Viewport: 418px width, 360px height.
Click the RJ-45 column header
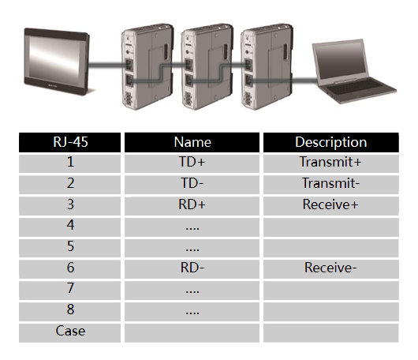coord(70,142)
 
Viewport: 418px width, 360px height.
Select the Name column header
coord(192,142)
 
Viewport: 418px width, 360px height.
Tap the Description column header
coord(330,142)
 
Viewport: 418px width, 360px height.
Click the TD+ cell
coord(192,162)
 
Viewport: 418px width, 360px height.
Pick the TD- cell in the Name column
coord(192,183)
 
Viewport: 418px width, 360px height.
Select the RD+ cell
coord(192,204)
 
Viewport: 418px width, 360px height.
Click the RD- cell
coord(192,268)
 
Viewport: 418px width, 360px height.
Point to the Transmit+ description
coord(330,162)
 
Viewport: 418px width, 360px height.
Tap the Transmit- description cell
coord(330,183)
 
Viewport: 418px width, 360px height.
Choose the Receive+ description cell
coord(330,204)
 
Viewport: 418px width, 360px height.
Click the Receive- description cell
coord(330,268)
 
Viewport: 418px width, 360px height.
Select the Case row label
coord(70,331)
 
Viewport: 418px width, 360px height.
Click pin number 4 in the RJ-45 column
coord(70,225)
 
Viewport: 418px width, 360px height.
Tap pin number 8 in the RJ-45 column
coord(70,309)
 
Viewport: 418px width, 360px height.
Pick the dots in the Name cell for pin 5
coord(192,250)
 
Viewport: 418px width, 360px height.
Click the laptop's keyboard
coord(357,88)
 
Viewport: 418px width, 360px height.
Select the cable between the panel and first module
coord(106,65)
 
